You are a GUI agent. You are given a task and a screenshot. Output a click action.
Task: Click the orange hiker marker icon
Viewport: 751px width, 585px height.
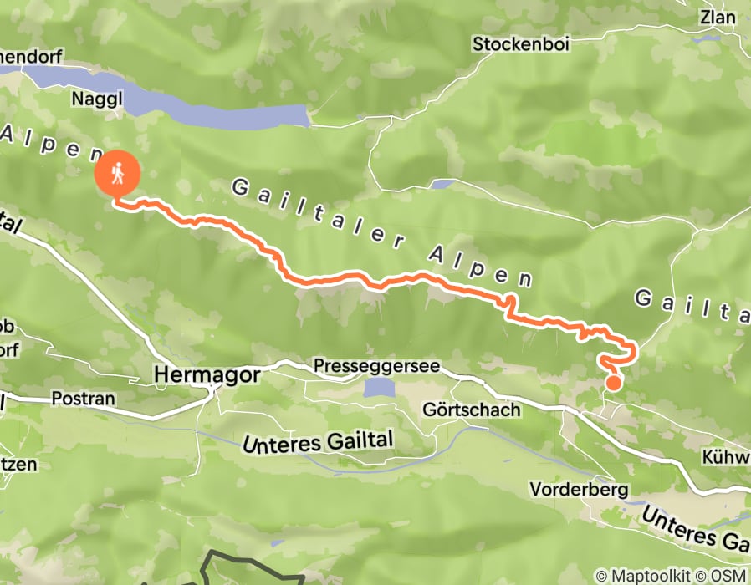[x=117, y=173]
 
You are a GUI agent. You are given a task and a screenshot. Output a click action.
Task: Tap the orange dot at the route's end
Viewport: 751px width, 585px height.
[x=613, y=383]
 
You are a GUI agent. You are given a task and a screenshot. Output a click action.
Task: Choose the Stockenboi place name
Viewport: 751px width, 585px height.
[x=521, y=44]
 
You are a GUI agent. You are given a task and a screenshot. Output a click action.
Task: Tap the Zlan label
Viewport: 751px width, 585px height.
[x=719, y=18]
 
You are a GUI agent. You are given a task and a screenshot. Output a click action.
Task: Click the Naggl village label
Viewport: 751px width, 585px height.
[x=99, y=99]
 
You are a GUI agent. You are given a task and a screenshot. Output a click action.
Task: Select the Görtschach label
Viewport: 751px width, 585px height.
[x=472, y=410]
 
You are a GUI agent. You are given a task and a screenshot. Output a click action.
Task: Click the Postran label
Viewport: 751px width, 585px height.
[x=83, y=399]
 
